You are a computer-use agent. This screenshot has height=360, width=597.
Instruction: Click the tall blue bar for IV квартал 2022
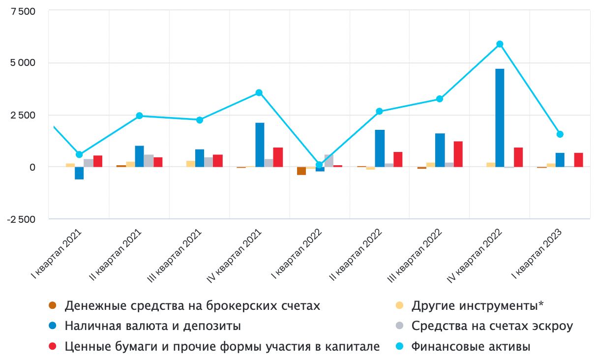[500, 118]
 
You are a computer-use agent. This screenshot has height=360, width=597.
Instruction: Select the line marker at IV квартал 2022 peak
[500, 44]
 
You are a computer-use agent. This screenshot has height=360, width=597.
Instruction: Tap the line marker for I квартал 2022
[320, 165]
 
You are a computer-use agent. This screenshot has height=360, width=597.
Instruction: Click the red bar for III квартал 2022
[458, 154]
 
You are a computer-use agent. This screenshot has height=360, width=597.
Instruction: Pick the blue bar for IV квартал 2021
[260, 145]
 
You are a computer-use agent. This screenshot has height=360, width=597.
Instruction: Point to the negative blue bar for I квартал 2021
[79, 173]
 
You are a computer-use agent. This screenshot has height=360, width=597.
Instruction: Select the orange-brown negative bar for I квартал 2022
[301, 171]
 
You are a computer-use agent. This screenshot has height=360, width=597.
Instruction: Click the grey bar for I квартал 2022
[329, 161]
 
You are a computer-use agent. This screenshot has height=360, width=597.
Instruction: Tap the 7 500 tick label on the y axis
[22, 11]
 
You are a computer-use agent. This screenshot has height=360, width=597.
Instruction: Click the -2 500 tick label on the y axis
[21, 219]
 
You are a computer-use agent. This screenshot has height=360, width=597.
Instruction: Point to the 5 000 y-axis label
[22, 63]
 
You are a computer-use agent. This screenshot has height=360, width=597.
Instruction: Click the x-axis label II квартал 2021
[119, 255]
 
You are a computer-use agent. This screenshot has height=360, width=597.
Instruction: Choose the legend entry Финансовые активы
[471, 347]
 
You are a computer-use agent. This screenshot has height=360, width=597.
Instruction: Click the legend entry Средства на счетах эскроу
[492, 326]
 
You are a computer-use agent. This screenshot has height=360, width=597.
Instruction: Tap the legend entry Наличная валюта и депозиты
[153, 326]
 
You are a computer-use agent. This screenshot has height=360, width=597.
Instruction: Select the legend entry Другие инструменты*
[478, 306]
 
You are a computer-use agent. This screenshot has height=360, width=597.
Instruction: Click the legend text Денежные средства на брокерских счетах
[192, 306]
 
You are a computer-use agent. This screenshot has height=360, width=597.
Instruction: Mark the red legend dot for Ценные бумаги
[53, 347]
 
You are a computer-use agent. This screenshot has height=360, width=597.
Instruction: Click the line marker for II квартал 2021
[139, 116]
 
